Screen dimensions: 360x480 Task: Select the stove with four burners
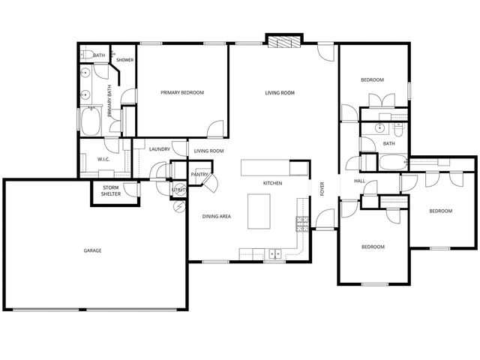click(x=303, y=222)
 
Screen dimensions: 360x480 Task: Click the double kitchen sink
click(x=274, y=253)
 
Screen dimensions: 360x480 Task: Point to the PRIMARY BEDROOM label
click(x=182, y=92)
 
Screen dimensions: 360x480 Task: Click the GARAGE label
click(x=92, y=250)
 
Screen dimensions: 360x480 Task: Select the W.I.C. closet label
click(x=103, y=159)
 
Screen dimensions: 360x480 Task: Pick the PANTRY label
click(x=199, y=175)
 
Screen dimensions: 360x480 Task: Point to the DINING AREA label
click(x=216, y=216)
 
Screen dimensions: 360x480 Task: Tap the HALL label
click(x=359, y=181)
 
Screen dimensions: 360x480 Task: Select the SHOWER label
click(x=124, y=60)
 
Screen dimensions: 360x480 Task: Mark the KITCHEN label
click(x=272, y=183)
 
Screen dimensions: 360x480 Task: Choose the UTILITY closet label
click(x=178, y=190)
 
